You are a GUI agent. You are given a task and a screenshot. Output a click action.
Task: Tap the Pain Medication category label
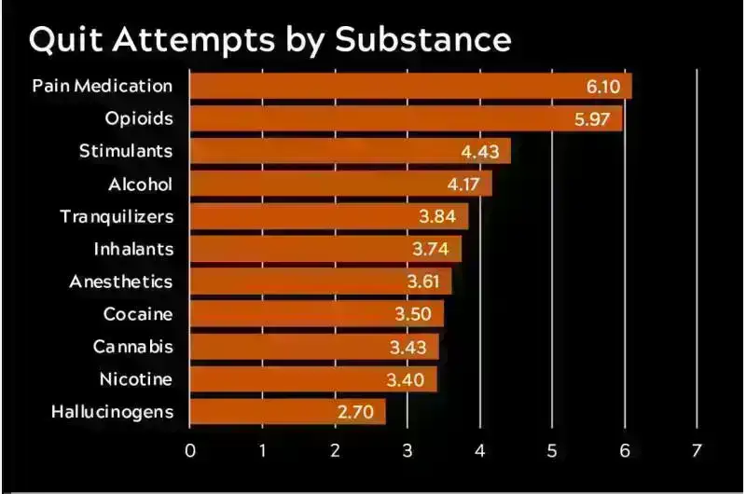103,86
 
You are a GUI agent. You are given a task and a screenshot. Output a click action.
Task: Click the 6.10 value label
603,86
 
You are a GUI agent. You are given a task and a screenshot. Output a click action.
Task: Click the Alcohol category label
141,184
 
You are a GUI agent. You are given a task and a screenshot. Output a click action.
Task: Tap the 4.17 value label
463,184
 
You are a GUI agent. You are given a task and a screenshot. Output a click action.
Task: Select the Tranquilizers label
117,216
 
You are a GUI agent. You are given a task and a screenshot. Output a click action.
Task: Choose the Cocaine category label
138,314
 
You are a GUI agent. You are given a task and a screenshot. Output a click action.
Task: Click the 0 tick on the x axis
190,451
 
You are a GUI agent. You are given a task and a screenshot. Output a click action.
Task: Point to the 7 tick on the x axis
697,451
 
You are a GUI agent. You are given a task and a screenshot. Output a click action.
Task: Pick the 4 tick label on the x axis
480,451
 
